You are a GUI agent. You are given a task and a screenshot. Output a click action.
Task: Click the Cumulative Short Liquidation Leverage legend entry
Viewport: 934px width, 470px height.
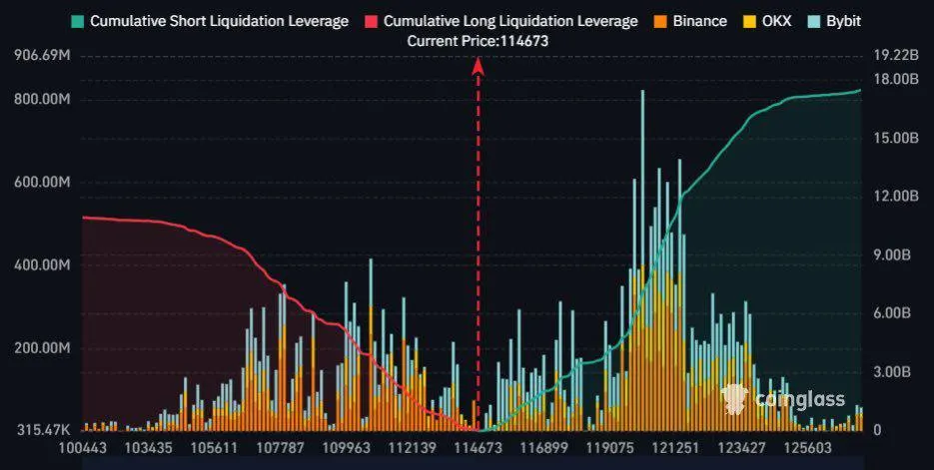click(x=210, y=21)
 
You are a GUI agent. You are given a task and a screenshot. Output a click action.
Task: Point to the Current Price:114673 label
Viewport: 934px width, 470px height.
click(x=477, y=41)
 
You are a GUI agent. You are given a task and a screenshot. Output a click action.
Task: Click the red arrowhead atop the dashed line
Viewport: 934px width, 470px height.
click(x=478, y=66)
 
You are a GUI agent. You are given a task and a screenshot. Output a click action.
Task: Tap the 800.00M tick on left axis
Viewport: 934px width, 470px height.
click(x=42, y=100)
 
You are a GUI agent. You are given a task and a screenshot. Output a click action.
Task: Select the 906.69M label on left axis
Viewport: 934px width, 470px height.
click(x=42, y=56)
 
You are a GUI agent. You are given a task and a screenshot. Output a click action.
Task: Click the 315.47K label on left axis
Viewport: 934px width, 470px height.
click(x=42, y=430)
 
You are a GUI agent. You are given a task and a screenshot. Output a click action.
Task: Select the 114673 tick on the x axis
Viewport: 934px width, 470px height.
click(x=476, y=450)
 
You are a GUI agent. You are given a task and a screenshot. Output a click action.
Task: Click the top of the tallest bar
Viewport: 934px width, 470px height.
click(x=642, y=92)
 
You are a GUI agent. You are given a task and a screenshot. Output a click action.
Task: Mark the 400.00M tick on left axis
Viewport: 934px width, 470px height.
click(x=42, y=265)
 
